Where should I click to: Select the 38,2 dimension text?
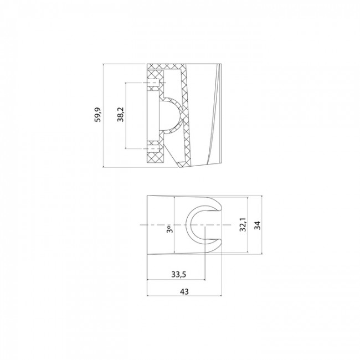(x=121, y=116)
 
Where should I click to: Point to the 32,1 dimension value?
(x=243, y=227)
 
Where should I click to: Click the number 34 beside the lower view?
(x=256, y=226)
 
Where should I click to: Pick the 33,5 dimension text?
(x=178, y=273)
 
